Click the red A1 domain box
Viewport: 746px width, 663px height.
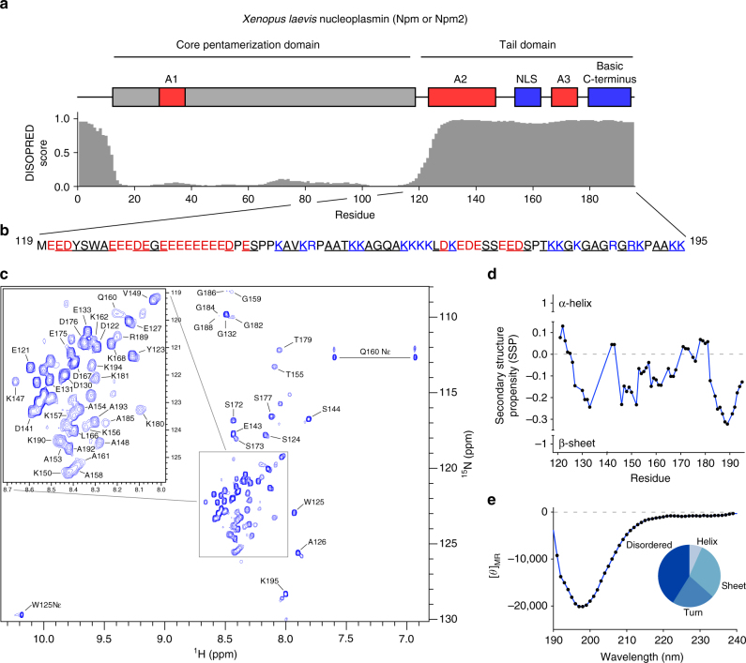tap(172, 98)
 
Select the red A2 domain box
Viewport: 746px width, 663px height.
tap(462, 98)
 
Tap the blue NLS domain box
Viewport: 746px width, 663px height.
tap(528, 98)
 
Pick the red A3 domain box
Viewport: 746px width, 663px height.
tap(564, 98)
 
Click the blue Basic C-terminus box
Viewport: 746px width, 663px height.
tap(609, 98)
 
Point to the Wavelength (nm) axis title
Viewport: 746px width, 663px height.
tap(645, 656)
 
